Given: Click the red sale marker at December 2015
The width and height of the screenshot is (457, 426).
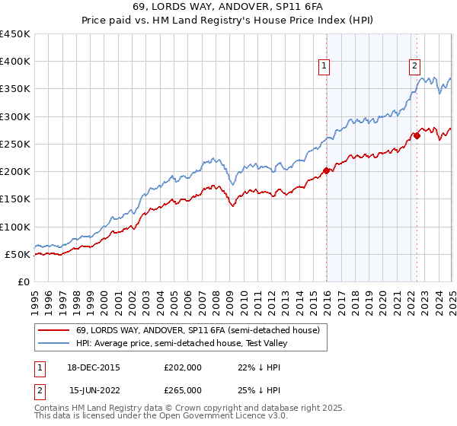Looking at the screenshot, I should pos(327,170).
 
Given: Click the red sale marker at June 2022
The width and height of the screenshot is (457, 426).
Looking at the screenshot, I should pos(417,135).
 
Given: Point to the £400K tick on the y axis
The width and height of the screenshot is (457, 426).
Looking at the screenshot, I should pos(15,62).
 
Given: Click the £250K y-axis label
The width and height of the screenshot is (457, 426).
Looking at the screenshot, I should pos(15,144).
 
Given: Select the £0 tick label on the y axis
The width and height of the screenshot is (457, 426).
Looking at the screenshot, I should pos(24,281).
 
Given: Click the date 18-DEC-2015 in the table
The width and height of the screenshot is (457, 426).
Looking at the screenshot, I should pos(94,367).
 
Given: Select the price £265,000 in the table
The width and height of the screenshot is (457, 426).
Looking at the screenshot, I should pos(182,389).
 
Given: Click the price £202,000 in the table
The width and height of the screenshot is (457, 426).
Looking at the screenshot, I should pos(182,367).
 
